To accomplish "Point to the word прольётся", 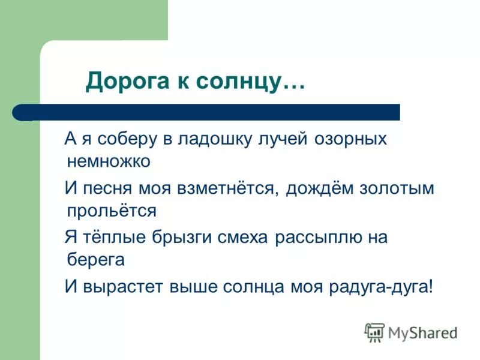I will tap(112, 211).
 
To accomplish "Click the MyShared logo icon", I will tap(375, 332).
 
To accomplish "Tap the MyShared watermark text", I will tap(422, 332).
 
